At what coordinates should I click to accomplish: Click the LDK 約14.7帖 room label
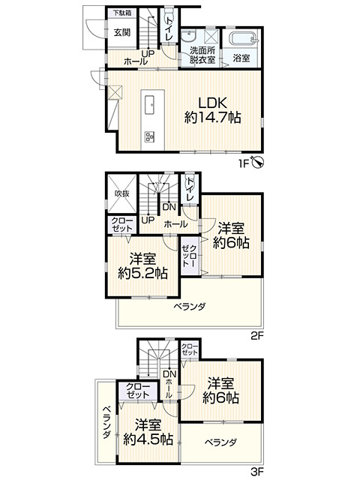[x=212, y=110]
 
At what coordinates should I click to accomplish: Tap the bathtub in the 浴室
[x=244, y=39]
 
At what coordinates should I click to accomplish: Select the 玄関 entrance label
[x=122, y=32]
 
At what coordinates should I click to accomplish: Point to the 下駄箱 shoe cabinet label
[x=122, y=13]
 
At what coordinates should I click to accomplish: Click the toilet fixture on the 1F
[x=169, y=13]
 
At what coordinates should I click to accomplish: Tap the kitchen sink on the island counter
[x=150, y=104]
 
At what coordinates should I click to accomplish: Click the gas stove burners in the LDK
[x=150, y=136]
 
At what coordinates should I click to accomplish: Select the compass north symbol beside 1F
[x=258, y=162]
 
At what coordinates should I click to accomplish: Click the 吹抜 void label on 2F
[x=122, y=193]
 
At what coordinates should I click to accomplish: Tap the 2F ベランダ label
[x=190, y=306]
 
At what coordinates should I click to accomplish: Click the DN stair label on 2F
[x=169, y=207]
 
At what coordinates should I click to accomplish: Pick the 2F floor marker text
[x=257, y=337]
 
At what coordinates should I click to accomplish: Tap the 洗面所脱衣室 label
[x=202, y=55]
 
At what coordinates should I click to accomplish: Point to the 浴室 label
[x=241, y=58]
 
